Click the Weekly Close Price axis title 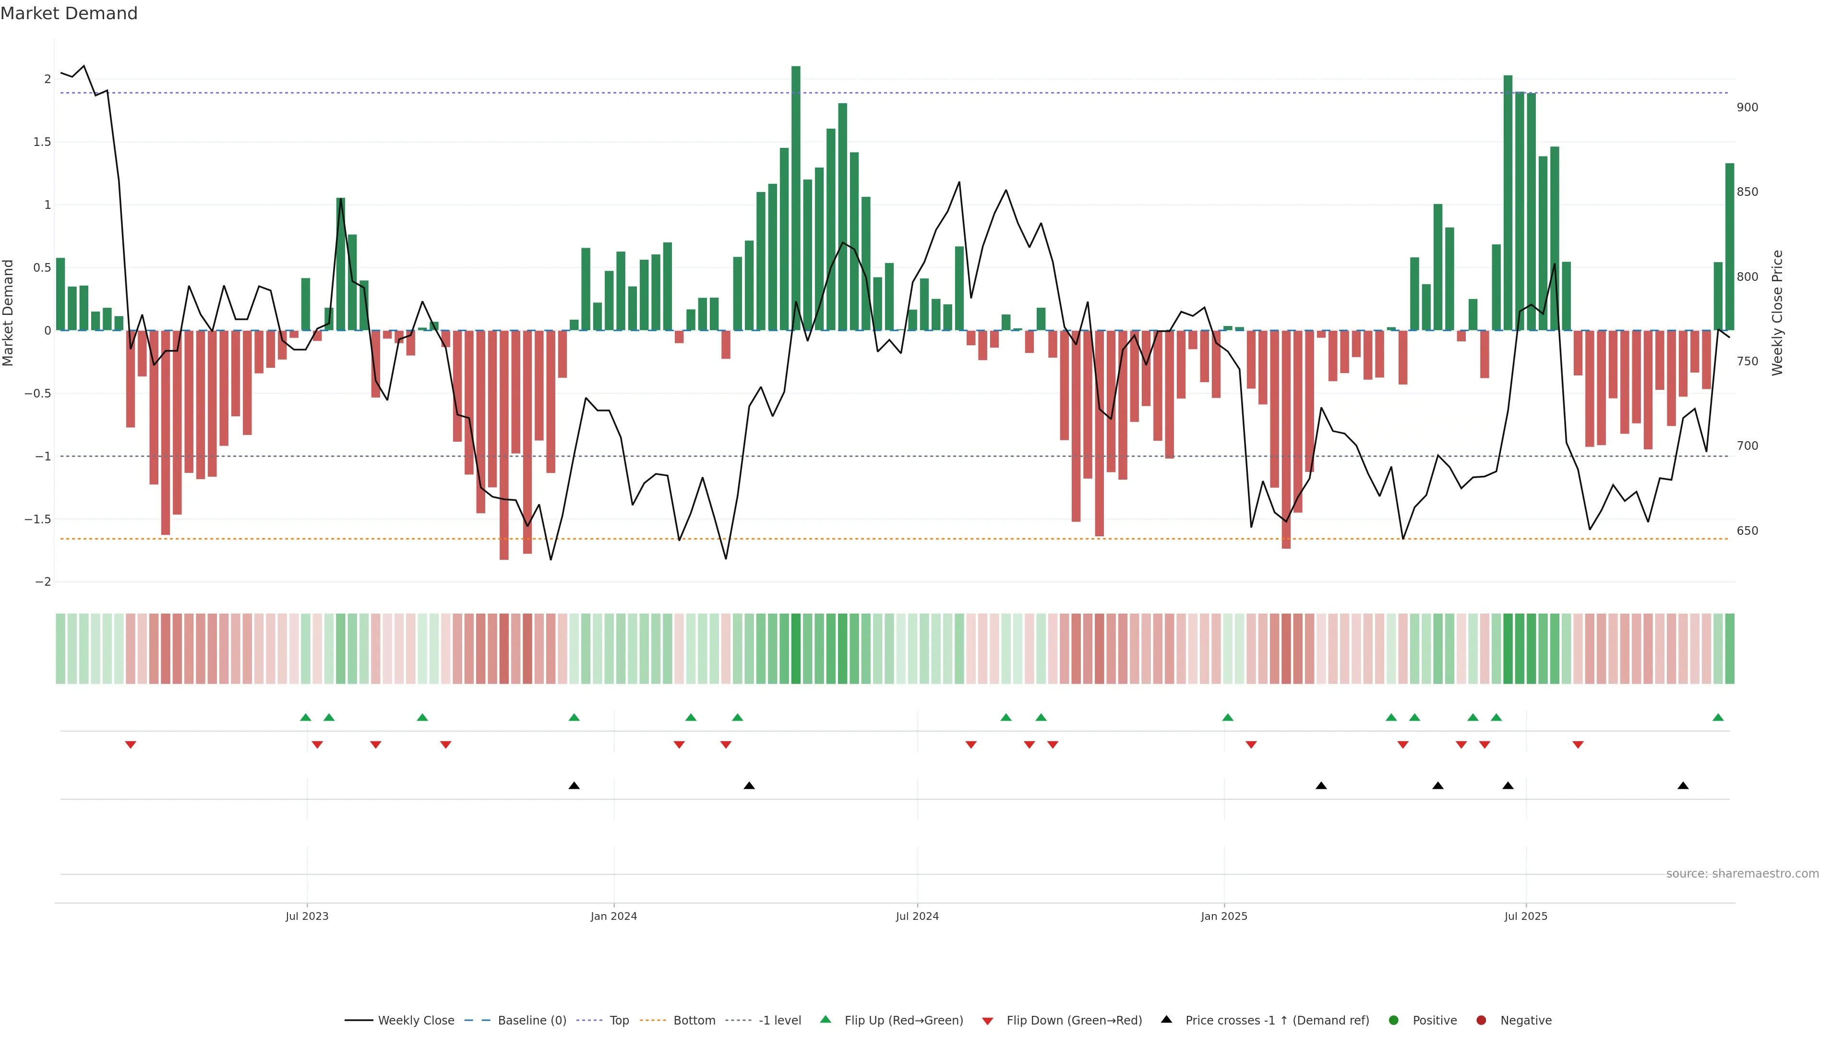[x=1777, y=313]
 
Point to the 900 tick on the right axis [x=1747, y=108]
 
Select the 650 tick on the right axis [x=1747, y=531]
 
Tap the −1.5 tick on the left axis [x=38, y=519]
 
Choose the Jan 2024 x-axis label [x=613, y=916]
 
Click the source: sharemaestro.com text [x=1742, y=874]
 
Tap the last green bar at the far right [x=1729, y=247]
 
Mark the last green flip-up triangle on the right [x=1718, y=717]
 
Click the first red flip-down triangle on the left [x=130, y=745]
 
